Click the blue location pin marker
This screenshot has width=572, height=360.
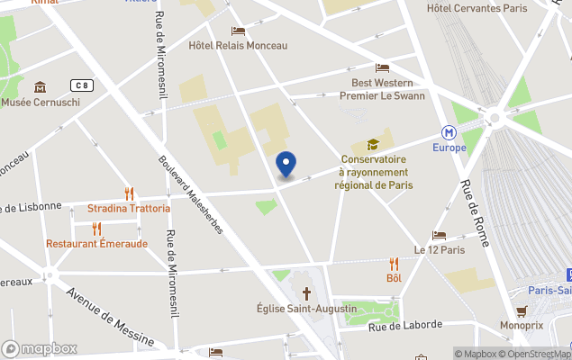(286, 165)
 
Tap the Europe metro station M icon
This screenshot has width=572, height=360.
(449, 131)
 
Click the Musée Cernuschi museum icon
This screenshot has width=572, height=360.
(41, 87)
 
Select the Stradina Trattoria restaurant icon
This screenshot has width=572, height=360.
(129, 193)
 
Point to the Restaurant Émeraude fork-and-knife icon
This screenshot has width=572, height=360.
(96, 229)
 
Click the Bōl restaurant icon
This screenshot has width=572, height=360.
(394, 264)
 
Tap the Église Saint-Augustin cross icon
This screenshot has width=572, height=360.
(306, 293)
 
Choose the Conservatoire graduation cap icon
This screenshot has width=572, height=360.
(372, 145)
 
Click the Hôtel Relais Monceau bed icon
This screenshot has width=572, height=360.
(238, 31)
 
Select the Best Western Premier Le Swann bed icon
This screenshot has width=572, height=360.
(383, 68)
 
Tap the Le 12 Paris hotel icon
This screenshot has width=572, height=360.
(439, 235)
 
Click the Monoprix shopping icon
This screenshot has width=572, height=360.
(521, 310)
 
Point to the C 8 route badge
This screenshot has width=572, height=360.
(83, 85)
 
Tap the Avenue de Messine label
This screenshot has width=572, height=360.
(109, 316)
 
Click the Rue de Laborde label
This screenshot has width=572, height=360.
(404, 327)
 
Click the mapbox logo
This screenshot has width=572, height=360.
(40, 348)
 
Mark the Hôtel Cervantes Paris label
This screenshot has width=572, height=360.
(477, 8)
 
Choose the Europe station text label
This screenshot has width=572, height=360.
(449, 148)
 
